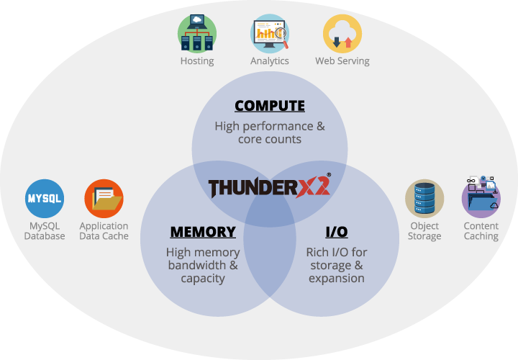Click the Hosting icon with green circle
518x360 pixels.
click(x=197, y=33)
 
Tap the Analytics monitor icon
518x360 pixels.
click(x=270, y=33)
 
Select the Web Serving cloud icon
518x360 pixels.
click(x=342, y=33)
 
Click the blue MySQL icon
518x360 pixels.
click(x=45, y=198)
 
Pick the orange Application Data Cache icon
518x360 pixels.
click(x=104, y=198)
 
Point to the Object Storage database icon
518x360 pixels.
click(x=424, y=198)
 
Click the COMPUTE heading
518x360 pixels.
click(x=270, y=106)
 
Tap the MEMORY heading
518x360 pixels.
click(x=203, y=232)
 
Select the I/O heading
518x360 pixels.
click(x=337, y=232)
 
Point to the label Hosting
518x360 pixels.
click(x=197, y=61)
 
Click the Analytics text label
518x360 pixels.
click(x=270, y=61)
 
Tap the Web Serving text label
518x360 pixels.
click(x=342, y=61)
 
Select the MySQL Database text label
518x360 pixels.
click(x=45, y=230)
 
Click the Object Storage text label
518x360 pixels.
click(x=424, y=231)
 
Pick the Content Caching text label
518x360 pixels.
click(x=481, y=231)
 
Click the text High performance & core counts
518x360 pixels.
click(x=270, y=132)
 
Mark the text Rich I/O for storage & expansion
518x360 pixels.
click(x=337, y=265)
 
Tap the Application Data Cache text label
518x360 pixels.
click(x=104, y=230)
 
